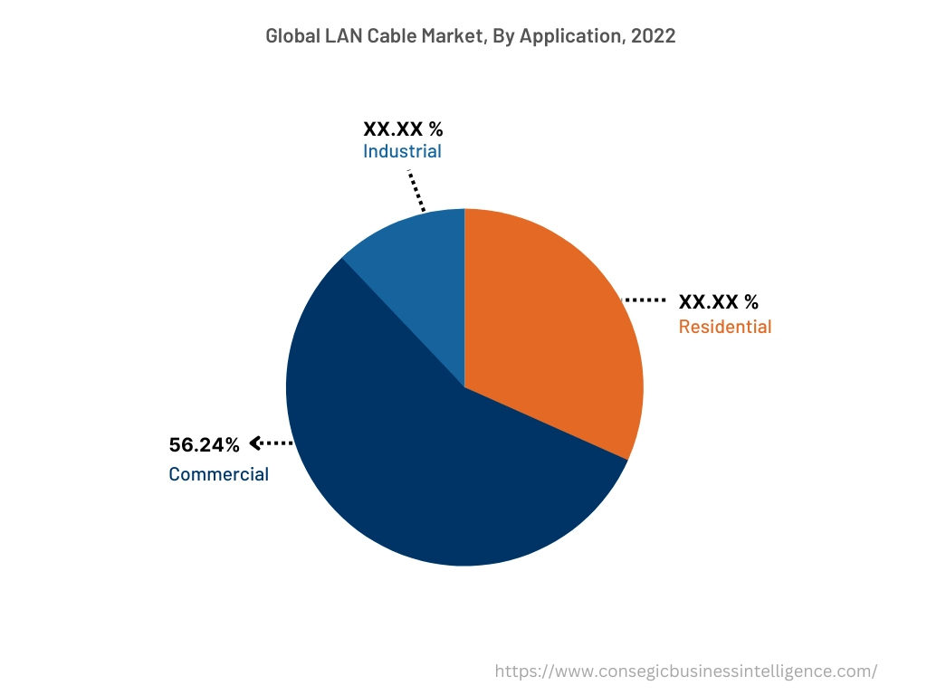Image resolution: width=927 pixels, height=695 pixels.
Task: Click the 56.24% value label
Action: pyautogui.click(x=205, y=444)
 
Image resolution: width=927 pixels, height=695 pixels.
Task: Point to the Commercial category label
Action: pyautogui.click(x=218, y=474)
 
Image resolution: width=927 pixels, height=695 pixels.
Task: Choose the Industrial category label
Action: pyautogui.click(x=402, y=151)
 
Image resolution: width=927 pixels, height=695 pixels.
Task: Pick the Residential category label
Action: pyautogui.click(x=725, y=327)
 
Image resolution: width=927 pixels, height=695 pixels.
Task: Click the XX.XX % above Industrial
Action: pyautogui.click(x=403, y=129)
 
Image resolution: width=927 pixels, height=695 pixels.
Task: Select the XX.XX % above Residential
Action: pyautogui.click(x=719, y=301)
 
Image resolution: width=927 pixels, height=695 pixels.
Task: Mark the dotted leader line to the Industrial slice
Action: pyautogui.click(x=416, y=190)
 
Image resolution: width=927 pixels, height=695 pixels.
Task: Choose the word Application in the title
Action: pyautogui.click(x=570, y=36)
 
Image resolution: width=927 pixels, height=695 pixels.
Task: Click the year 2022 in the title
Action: pyautogui.click(x=655, y=36)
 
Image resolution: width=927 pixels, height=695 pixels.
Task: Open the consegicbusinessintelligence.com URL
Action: pyautogui.click(x=686, y=671)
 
